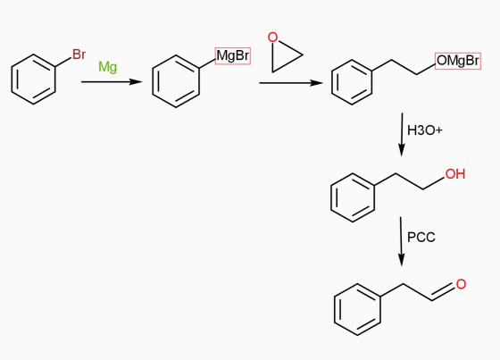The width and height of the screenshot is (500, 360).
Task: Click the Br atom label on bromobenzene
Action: (x=79, y=54)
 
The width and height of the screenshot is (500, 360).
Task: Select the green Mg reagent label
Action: (x=108, y=67)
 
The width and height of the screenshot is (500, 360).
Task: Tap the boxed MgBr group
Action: (x=233, y=56)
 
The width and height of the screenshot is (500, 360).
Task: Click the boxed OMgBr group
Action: (x=458, y=61)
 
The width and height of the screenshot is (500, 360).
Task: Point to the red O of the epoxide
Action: (x=272, y=38)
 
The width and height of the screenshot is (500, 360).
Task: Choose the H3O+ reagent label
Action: (x=425, y=130)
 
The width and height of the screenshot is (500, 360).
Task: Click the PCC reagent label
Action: (x=421, y=238)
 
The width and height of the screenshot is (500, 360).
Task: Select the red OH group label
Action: (x=455, y=174)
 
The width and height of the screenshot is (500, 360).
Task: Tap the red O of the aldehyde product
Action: (x=461, y=284)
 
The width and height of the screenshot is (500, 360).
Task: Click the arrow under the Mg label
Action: (x=112, y=82)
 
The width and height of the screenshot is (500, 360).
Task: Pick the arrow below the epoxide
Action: (x=291, y=83)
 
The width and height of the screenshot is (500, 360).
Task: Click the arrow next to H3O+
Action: (x=402, y=134)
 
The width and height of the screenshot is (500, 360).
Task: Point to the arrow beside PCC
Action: (x=401, y=241)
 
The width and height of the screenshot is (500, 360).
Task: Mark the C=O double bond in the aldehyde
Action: (x=443, y=292)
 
